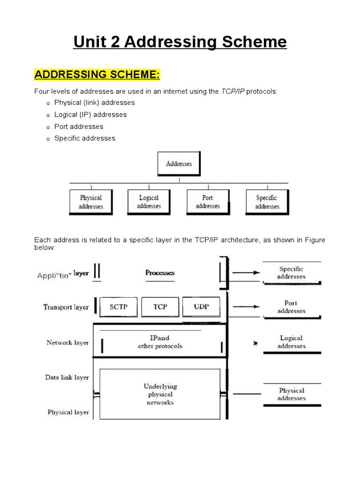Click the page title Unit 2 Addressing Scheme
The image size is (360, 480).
[180, 42]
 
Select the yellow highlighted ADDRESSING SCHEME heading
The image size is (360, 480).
[97, 75]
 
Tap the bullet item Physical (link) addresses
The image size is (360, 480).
[94, 103]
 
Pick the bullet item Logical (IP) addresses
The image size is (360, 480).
[90, 115]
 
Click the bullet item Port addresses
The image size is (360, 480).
[79, 127]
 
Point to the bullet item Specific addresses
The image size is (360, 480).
[84, 138]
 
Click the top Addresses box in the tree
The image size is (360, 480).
[179, 164]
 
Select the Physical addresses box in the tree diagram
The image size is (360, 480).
[90, 202]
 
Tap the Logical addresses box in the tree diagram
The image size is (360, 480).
[149, 202]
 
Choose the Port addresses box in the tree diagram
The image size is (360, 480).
[208, 202]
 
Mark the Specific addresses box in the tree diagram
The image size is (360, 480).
[267, 202]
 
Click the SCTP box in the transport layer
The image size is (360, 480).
[118, 307]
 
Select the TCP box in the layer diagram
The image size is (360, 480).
[160, 307]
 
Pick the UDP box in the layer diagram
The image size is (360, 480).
[201, 307]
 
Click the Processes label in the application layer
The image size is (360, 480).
[160, 273]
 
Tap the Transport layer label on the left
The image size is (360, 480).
[66, 307]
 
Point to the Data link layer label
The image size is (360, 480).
[67, 377]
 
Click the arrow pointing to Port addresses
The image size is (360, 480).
[246, 307]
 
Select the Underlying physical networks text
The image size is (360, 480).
[160, 394]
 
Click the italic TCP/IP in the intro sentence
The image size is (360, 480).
[232, 91]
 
